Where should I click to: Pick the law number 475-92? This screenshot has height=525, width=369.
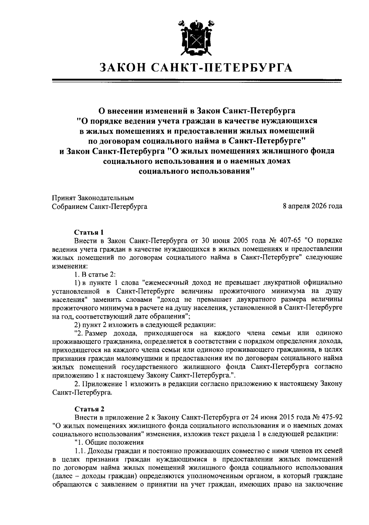[x=331, y=417]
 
